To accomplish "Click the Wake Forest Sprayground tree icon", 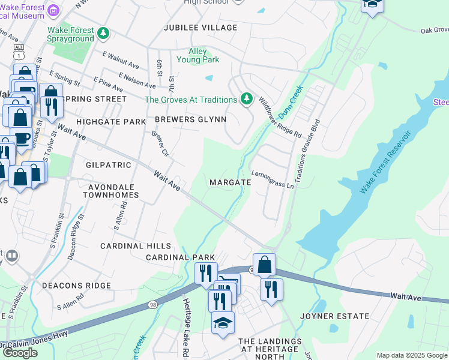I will coord(104,32).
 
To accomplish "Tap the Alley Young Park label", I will coord(197,56).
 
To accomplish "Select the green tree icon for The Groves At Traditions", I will coord(246,99).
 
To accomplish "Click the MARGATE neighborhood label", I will coord(230,182).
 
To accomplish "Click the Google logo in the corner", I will coord(20,353).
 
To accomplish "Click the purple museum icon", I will coord(54,10).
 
